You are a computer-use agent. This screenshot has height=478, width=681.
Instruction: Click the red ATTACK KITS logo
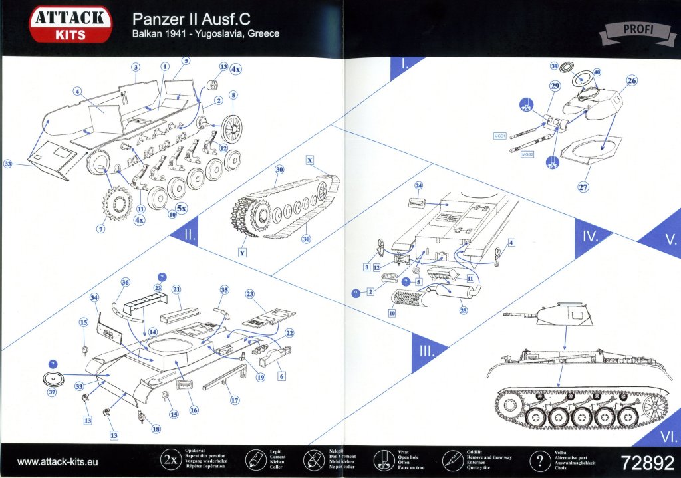coord(70,25)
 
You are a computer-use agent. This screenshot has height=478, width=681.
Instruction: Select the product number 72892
coord(644,461)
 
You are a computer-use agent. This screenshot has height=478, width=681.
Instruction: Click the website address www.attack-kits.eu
coord(58,461)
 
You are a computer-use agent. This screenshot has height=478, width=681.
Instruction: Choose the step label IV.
coord(591,236)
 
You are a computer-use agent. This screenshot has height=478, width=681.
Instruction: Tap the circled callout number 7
coord(101,229)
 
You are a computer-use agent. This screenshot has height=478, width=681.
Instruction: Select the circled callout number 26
coord(631,81)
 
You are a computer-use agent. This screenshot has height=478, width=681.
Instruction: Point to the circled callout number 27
coord(583,187)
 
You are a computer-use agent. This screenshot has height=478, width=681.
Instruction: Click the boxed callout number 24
coord(419,185)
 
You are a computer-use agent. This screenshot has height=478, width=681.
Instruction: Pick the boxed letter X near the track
coord(310,160)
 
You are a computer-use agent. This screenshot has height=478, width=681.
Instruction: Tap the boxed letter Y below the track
coord(243,253)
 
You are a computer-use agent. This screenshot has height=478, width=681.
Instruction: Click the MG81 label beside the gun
coord(500,136)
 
